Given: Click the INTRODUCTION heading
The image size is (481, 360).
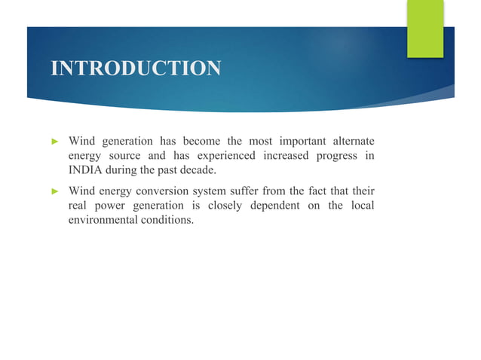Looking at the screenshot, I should pyautogui.click(x=136, y=69).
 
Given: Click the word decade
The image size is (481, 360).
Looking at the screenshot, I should pyautogui.click(x=198, y=170).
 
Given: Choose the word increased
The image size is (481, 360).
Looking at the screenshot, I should pyautogui.click(x=285, y=156).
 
